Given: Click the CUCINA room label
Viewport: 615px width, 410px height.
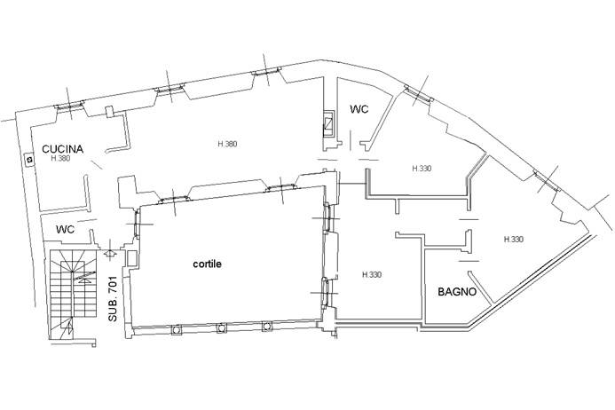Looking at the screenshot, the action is click(62, 149).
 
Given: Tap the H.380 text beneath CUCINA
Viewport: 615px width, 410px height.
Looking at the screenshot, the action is click(60, 159).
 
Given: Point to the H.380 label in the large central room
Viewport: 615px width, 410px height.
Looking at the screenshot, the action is click(227, 144).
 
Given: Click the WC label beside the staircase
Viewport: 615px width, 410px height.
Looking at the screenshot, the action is click(65, 230).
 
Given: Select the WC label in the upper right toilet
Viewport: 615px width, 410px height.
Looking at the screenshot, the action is click(359, 109).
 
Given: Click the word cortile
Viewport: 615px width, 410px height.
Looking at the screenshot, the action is click(207, 264).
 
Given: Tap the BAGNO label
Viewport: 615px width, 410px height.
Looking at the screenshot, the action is click(457, 292).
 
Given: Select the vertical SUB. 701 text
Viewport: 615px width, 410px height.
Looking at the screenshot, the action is click(113, 298).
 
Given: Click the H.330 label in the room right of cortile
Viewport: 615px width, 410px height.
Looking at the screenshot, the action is click(372, 274).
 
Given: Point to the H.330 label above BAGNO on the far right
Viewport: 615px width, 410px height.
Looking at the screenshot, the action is click(514, 239).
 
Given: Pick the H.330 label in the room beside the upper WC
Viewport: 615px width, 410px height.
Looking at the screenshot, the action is click(422, 169).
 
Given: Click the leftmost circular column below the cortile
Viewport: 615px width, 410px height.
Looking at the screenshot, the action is click(177, 330).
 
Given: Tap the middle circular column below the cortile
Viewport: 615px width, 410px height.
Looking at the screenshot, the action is click(222, 328).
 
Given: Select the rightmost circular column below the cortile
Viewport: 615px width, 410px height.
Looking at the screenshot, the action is click(267, 326).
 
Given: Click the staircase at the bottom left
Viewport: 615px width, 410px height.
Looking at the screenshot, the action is click(73, 295).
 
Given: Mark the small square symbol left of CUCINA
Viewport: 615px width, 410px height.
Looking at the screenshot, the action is click(29, 160).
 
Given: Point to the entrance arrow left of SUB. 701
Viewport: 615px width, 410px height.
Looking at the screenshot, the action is click(110, 254).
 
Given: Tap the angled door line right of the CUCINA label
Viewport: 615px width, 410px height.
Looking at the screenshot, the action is click(96, 164).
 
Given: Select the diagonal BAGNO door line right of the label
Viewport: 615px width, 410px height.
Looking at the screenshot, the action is click(480, 288).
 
